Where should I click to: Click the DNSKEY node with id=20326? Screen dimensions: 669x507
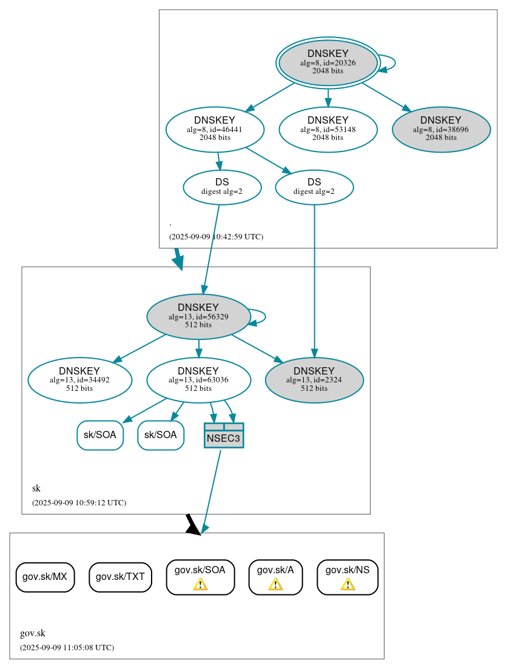pos(327,62)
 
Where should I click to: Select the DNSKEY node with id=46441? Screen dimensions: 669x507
pos(215,129)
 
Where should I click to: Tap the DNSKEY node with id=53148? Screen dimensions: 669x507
pos(328,129)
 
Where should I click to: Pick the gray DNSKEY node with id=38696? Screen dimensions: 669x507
pos(441,129)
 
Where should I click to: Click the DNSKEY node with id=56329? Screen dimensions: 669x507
pos(198,316)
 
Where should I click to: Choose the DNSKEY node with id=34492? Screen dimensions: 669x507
pos(79,380)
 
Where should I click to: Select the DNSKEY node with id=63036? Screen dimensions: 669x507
pos(198,380)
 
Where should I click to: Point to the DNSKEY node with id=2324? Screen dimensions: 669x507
pos(314,380)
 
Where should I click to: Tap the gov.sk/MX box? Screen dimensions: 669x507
pos(45,576)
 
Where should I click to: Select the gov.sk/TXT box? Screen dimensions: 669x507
pos(120,577)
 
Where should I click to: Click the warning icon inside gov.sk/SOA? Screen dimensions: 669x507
pos(200,584)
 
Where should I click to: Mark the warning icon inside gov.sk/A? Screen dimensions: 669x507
pos(275,584)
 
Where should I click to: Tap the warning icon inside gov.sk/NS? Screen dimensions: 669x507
pos(348,584)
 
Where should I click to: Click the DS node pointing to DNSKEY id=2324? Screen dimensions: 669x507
pos(314,187)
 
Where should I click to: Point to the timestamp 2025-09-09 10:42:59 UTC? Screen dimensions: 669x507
pos(216,237)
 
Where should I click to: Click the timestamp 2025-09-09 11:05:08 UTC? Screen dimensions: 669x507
pos(67,648)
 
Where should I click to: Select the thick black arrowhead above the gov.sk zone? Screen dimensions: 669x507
pos(192,526)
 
